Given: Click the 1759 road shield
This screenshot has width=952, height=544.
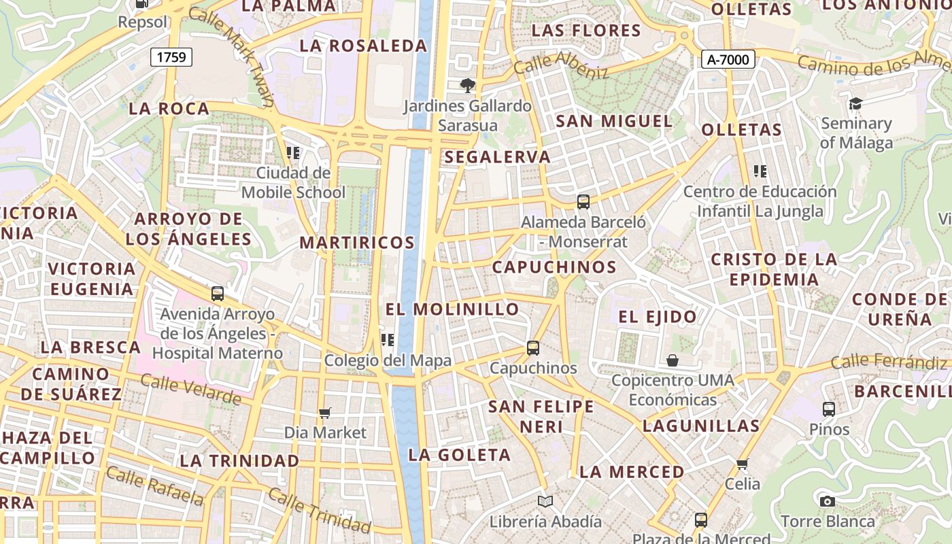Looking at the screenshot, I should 171,57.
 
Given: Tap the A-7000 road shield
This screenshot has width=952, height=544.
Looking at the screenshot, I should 728,60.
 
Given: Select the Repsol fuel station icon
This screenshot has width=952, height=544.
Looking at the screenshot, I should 142,3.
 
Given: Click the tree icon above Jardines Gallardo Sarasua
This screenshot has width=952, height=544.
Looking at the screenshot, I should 467,86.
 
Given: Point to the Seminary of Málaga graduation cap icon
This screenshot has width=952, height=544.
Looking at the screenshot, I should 855,103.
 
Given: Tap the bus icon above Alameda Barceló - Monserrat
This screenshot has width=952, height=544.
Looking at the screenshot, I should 583,201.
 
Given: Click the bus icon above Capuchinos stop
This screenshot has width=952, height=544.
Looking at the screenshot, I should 533,348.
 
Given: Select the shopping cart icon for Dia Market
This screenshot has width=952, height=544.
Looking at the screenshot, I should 325,413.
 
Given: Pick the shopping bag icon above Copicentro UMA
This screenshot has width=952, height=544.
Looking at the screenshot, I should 673,360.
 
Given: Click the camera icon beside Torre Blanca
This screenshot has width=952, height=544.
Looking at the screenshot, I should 828,502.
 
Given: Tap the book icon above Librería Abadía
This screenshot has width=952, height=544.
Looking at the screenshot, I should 545,502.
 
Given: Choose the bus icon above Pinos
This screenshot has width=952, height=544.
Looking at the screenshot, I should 829,409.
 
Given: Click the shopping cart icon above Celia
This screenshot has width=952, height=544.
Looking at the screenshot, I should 742,464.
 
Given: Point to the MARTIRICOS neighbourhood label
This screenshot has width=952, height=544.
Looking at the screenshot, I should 357,243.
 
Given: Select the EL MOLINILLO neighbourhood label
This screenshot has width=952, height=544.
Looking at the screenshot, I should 452,309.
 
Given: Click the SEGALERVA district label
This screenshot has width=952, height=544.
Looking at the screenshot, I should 497,157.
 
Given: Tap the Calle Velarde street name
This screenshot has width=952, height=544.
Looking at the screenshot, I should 190,389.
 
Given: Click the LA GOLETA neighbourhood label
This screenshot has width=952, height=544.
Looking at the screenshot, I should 459,455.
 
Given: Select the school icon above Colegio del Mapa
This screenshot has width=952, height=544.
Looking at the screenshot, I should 388,340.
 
